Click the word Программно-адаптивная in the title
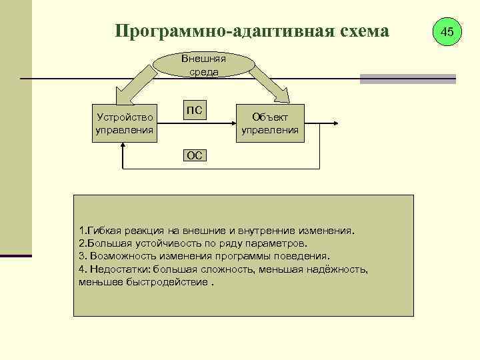pos(213,31)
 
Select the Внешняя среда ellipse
pos(204,65)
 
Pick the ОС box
pos(194,155)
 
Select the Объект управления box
pos(270,123)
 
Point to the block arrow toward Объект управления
pos(271,84)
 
